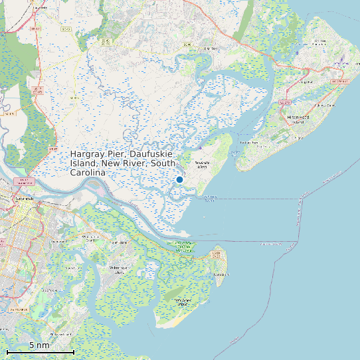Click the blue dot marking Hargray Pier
pyautogui.click(x=179, y=179)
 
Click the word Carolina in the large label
pyautogui.click(x=88, y=172)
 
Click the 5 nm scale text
pyautogui.click(x=39, y=345)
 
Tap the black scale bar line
pyautogui.click(x=40, y=351)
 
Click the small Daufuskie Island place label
pyautogui.click(x=203, y=163)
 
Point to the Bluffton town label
pyautogui.click(x=211, y=48)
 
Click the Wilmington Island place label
pyautogui.click(x=120, y=270)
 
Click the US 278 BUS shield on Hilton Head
pyautogui.click(x=339, y=81)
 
